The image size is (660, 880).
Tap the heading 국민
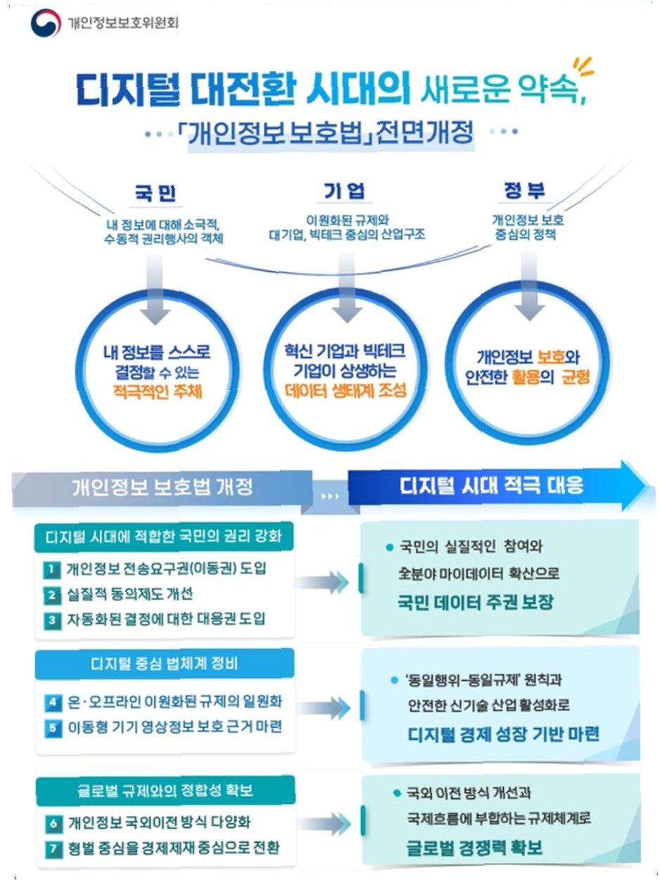coord(156,193)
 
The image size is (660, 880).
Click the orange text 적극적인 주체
coord(156,390)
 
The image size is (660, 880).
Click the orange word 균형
coord(575,377)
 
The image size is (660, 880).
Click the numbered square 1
coord(52,570)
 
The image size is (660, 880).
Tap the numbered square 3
coord(52,620)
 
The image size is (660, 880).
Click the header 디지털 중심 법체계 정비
coord(165,664)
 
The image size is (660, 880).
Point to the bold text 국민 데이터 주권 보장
coord(476,603)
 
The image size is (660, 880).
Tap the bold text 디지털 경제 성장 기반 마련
coord(503,734)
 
